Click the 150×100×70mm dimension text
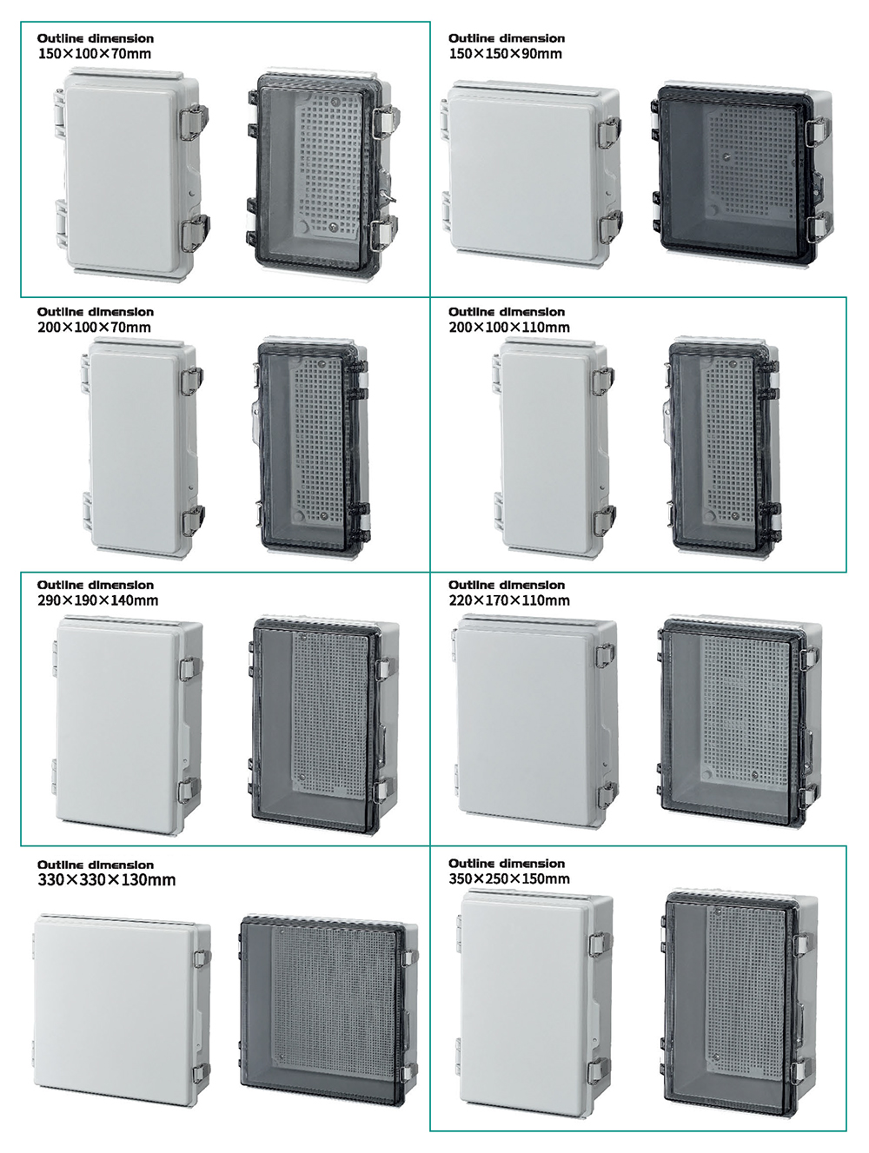(95, 54)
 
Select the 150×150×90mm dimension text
(506, 54)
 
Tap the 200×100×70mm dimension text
(94, 328)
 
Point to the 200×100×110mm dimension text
(509, 328)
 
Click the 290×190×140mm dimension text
(97, 600)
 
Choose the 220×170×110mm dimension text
(509, 600)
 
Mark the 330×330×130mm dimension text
(107, 879)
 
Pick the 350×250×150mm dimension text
(509, 878)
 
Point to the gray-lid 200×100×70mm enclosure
(142, 448)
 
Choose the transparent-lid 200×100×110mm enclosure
(724, 448)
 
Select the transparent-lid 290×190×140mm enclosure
(322, 726)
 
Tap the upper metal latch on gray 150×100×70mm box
(195, 122)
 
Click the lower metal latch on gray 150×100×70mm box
(196, 232)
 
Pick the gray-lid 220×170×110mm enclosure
(534, 723)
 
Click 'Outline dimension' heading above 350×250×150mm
(507, 863)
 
